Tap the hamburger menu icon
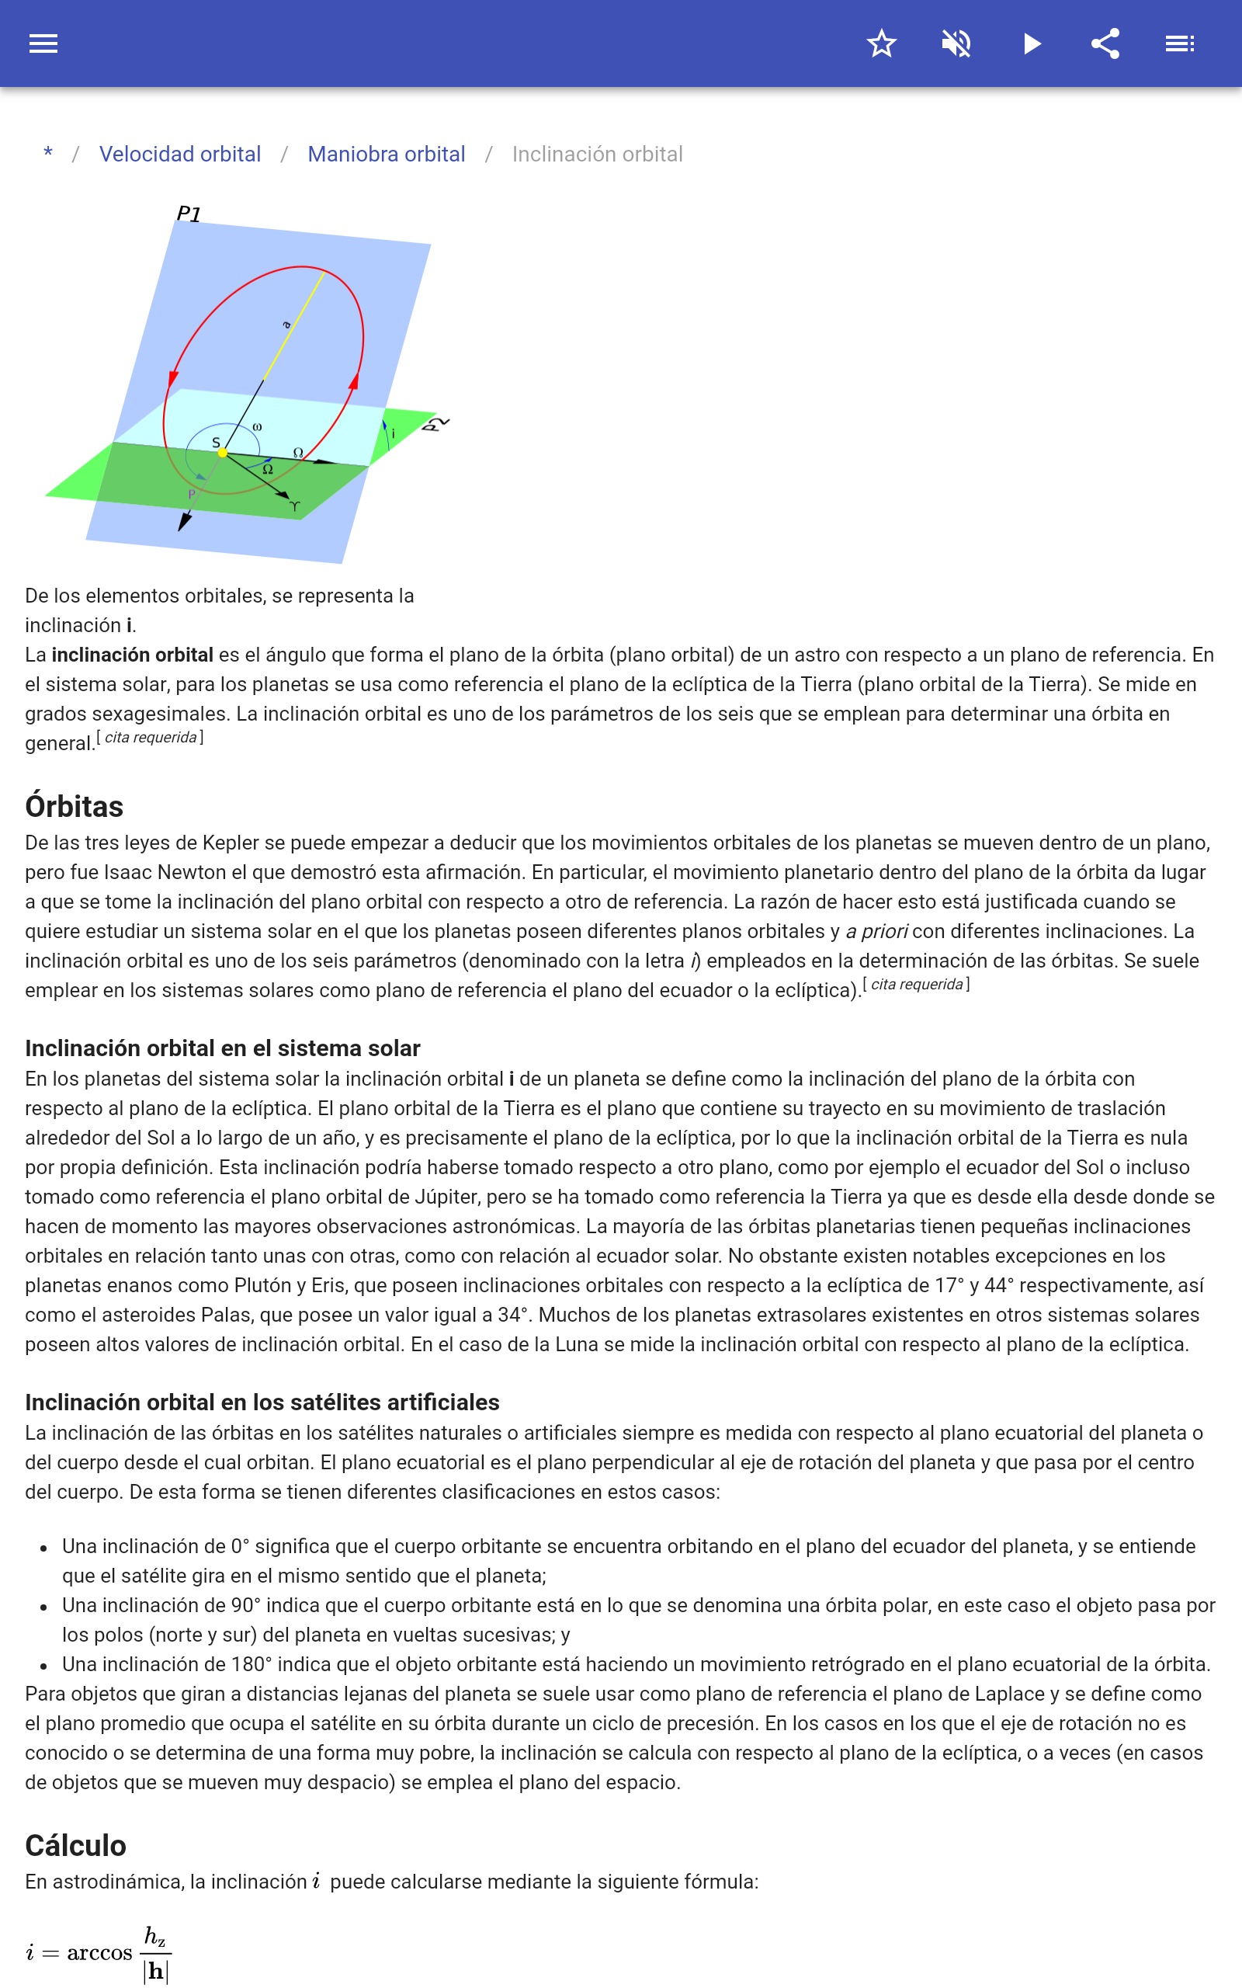pyautogui.click(x=43, y=43)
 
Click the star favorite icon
pyautogui.click(x=881, y=43)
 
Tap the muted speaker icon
pyautogui.click(x=956, y=43)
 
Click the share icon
pyautogui.click(x=1105, y=43)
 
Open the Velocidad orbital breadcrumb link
pyautogui.click(x=180, y=155)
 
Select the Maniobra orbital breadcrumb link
pyautogui.click(x=386, y=155)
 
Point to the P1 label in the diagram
pyautogui.click(x=189, y=214)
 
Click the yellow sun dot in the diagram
pyautogui.click(x=222, y=453)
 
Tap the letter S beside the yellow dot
pyautogui.click(x=216, y=442)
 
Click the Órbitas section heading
pyautogui.click(x=74, y=807)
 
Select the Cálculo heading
pyautogui.click(x=75, y=1846)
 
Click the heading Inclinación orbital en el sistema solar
pyautogui.click(x=223, y=1048)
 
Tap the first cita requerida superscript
pyautogui.click(x=151, y=738)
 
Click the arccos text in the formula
pyautogui.click(x=99, y=1953)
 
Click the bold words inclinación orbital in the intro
pyautogui.click(x=132, y=655)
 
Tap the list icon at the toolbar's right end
pyautogui.click(x=1180, y=43)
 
